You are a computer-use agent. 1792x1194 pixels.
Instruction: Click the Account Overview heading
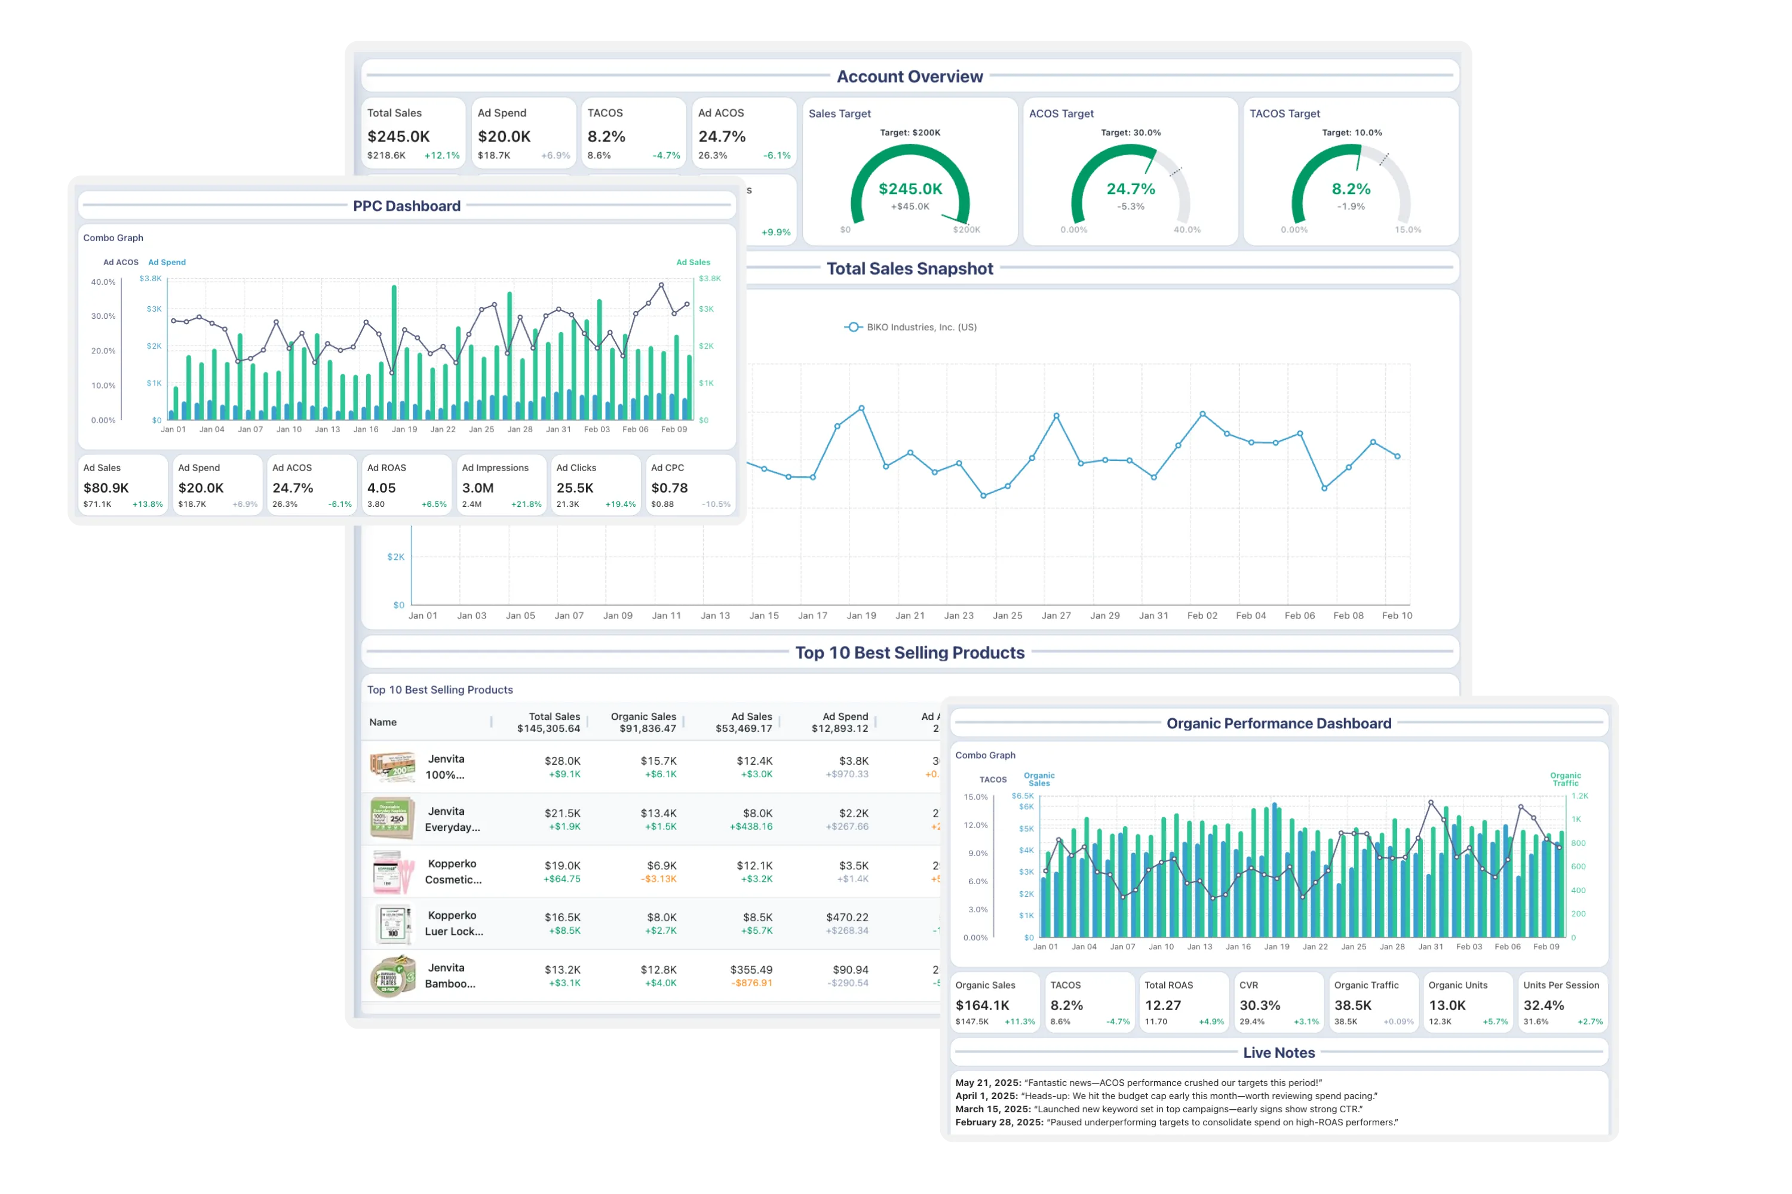pyautogui.click(x=909, y=77)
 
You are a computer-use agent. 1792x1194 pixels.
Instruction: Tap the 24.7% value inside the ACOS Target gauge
pyautogui.click(x=1131, y=189)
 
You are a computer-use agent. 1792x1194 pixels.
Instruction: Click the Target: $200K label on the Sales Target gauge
pyautogui.click(x=910, y=133)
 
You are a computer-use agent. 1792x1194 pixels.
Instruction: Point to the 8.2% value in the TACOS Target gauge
pyautogui.click(x=1351, y=189)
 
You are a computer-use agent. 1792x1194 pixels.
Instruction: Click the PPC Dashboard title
pyautogui.click(x=406, y=207)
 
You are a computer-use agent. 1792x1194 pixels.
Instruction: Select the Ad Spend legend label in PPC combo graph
pyautogui.click(x=167, y=262)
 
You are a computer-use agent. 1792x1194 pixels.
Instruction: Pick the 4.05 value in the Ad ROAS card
pyautogui.click(x=382, y=488)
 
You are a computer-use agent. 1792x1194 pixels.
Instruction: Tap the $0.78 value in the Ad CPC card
pyautogui.click(x=669, y=488)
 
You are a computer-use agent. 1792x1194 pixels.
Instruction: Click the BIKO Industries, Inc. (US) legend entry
pyautogui.click(x=921, y=327)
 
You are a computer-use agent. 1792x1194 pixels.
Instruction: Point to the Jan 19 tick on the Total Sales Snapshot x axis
pyautogui.click(x=861, y=616)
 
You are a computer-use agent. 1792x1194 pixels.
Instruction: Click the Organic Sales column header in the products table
pyautogui.click(x=643, y=716)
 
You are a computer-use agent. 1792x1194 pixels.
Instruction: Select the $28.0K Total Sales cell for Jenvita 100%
pyautogui.click(x=562, y=761)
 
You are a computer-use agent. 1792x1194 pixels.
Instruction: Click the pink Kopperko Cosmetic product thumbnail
pyautogui.click(x=393, y=872)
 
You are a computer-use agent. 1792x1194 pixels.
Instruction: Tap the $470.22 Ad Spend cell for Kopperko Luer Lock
pyautogui.click(x=846, y=918)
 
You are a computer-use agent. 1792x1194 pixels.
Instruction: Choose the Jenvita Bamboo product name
pyautogui.click(x=450, y=975)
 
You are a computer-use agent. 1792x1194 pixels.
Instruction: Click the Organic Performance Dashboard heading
pyautogui.click(x=1278, y=724)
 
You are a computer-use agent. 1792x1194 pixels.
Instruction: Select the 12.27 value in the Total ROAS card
pyautogui.click(x=1162, y=1006)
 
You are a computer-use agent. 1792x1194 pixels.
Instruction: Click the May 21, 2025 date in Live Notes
pyautogui.click(x=987, y=1083)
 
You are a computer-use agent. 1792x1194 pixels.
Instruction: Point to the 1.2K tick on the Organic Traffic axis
pyautogui.click(x=1579, y=796)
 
